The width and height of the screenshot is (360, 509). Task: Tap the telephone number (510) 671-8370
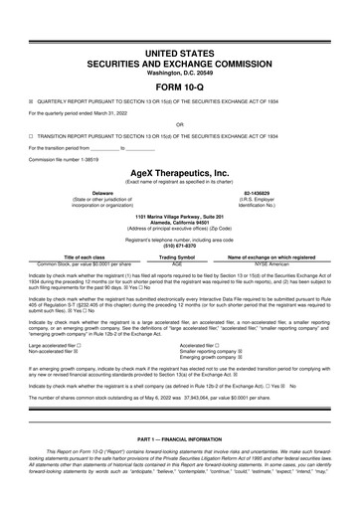coord(180,245)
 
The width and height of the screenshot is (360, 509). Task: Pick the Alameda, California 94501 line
coord(180,222)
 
